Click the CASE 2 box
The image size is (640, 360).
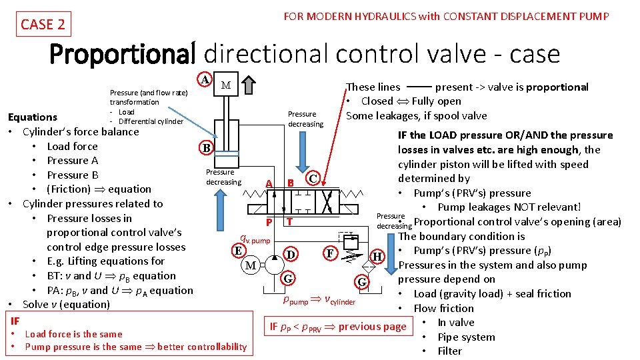coord(43,25)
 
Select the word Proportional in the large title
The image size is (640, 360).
coord(123,54)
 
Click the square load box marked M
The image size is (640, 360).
coord(225,85)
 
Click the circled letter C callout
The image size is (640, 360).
coord(313,179)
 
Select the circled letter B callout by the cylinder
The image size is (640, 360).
coord(207,147)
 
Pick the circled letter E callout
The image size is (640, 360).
coord(238,251)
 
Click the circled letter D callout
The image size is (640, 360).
coord(290,254)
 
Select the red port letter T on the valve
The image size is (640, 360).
coord(289,222)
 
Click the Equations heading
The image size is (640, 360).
coord(32,117)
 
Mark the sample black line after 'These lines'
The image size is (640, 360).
coord(418,87)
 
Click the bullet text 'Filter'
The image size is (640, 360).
coord(449,351)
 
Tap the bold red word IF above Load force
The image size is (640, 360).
coord(15,320)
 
